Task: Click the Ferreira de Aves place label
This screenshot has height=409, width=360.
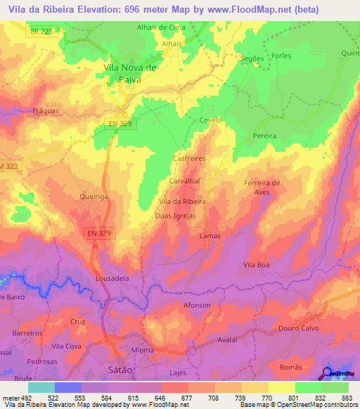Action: [262, 187]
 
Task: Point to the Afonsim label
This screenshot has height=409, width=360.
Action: [197, 305]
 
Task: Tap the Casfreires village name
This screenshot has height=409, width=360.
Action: [188, 160]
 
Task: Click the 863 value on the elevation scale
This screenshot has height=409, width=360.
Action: [346, 398]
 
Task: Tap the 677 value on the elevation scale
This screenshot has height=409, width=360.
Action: [185, 398]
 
